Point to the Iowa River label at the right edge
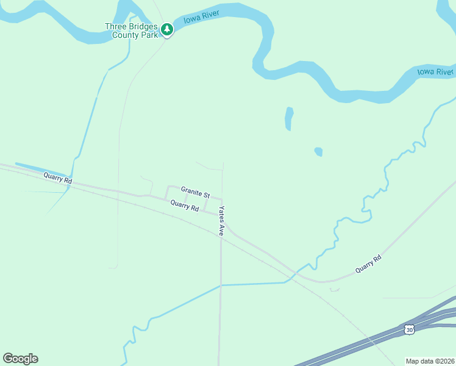(x=435, y=72)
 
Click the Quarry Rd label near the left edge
(x=57, y=178)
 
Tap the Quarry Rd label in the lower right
(x=368, y=263)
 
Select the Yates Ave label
(x=222, y=220)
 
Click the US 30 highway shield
(x=408, y=329)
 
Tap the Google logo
(x=20, y=359)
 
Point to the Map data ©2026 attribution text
(x=430, y=361)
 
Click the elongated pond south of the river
(x=289, y=118)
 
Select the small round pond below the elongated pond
(x=318, y=151)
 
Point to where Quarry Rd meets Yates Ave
(x=221, y=214)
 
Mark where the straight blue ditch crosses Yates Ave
(x=221, y=285)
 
